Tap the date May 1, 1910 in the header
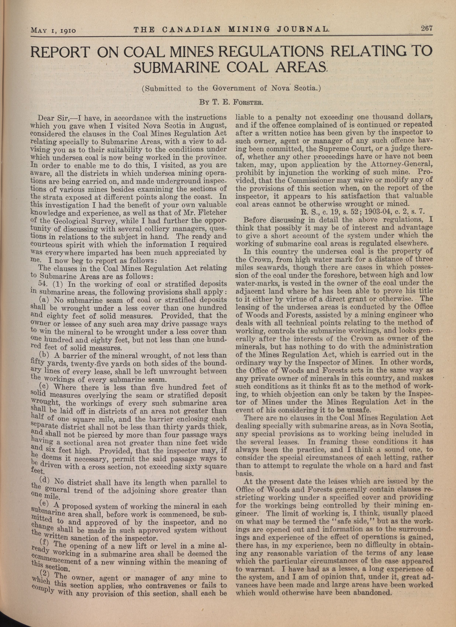[53, 30]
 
